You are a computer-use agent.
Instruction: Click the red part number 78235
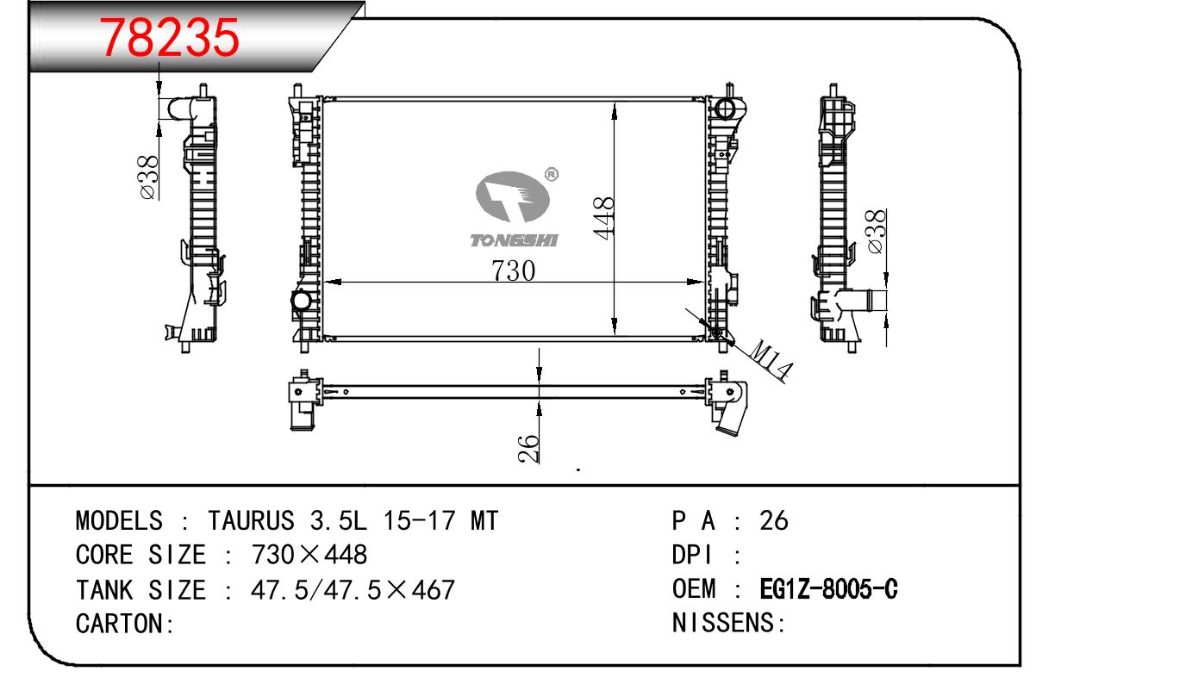coord(170,37)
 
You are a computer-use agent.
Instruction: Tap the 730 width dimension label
coord(513,270)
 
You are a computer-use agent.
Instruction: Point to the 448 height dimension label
coord(603,218)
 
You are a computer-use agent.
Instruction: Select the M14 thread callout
coord(771,360)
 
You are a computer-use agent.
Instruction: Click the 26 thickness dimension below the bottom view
coord(528,449)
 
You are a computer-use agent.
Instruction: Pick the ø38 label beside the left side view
coord(149,177)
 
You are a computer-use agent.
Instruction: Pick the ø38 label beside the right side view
coord(877,231)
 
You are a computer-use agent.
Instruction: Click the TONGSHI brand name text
coord(514,240)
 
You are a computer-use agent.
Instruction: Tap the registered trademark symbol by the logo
coord(551,174)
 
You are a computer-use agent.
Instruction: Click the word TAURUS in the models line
coord(251,520)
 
